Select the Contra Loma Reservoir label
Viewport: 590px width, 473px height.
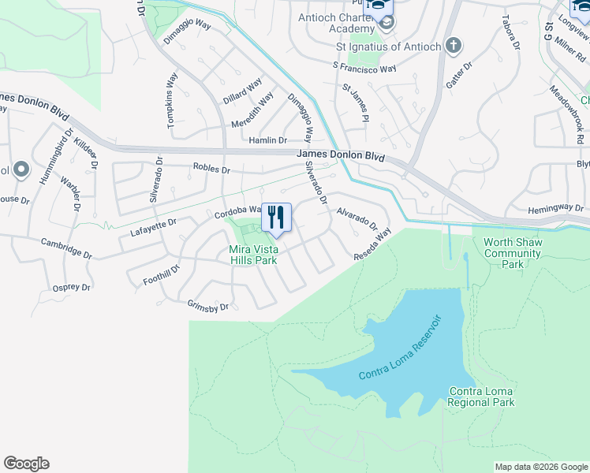coord(398,348)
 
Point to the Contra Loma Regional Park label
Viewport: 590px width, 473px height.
coord(481,397)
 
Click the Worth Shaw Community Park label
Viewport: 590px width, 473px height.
coord(513,253)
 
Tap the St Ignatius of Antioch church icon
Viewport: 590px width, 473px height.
coord(453,46)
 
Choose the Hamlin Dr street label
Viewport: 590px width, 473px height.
coord(267,140)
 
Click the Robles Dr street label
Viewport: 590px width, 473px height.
coord(211,169)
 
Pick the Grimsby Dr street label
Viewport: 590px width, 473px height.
coord(207,306)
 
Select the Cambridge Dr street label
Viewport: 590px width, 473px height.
coord(67,250)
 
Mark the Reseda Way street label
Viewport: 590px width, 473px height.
coord(372,245)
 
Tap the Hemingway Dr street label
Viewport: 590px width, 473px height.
coord(557,207)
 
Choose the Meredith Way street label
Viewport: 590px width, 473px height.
coord(252,110)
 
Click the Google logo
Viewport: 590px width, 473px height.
coord(26,464)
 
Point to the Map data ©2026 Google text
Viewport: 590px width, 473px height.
coord(541,467)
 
